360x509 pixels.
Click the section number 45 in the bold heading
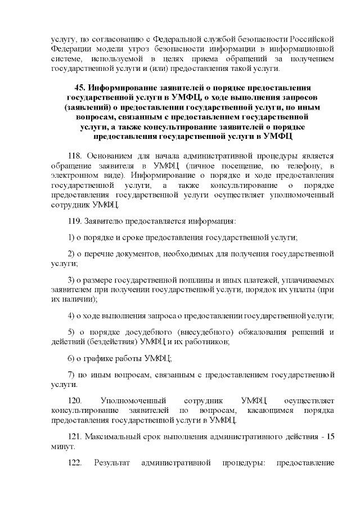coord(80,88)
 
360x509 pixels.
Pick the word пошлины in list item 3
coord(193,280)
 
